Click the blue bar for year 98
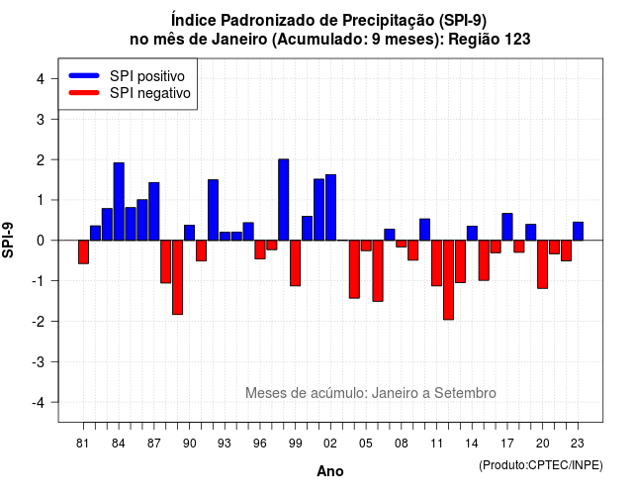point(284,200)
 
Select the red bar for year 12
point(448,280)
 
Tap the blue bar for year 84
point(119,202)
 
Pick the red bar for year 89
point(178,277)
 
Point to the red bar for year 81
point(83,252)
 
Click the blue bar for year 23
point(578,231)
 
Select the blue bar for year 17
point(507,227)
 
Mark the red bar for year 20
point(543,264)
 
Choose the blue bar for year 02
point(330,207)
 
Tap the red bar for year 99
point(296,263)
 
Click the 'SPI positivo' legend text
point(147,76)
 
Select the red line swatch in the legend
point(84,93)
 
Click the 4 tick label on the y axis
point(41,79)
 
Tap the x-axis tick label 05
point(366,444)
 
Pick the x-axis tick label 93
point(225,444)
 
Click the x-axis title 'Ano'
point(330,471)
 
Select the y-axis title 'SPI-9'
point(8,240)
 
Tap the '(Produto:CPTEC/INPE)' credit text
point(541,465)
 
